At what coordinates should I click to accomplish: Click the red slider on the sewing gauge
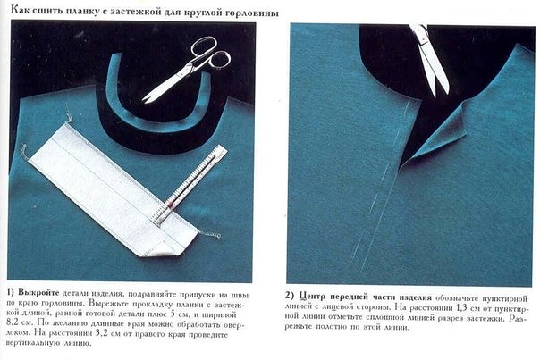[171, 205]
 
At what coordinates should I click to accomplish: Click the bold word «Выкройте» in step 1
[38, 293]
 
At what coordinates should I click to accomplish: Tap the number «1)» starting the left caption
[11, 293]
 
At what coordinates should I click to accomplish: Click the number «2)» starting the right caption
[290, 297]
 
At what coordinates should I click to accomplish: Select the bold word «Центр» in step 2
[312, 297]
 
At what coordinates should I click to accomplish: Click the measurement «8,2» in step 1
[15, 323]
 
